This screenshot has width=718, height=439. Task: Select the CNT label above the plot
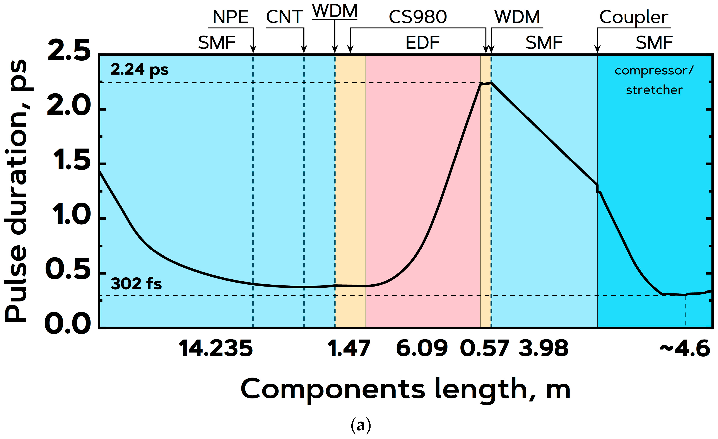coord(284,17)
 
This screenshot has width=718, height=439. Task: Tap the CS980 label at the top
coord(418,17)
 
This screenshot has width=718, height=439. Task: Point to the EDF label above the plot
coord(422,43)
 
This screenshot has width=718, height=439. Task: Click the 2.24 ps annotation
coord(140,70)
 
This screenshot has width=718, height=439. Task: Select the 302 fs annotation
coord(136,284)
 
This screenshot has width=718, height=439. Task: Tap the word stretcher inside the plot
coord(654,90)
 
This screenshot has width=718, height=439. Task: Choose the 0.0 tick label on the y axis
coord(68,324)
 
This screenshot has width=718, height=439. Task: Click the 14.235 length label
coord(216,349)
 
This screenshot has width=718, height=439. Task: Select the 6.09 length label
coord(422,349)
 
